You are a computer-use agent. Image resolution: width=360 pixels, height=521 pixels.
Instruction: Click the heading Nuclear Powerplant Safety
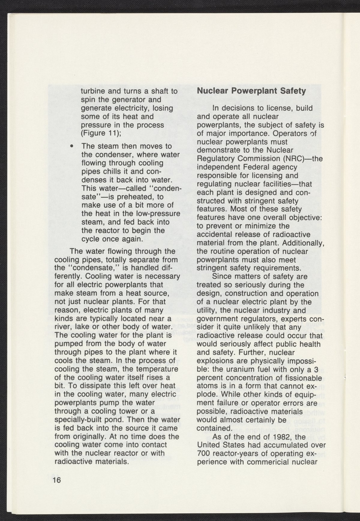pos(251,91)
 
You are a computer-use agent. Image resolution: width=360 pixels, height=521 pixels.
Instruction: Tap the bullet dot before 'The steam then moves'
pos(72,146)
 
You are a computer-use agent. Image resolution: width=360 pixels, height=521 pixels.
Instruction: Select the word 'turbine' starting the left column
pos(94,91)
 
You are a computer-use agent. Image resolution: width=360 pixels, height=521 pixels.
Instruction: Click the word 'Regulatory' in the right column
pos(214,158)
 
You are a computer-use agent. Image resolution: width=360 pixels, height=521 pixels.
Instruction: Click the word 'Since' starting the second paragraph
pos(220,276)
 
